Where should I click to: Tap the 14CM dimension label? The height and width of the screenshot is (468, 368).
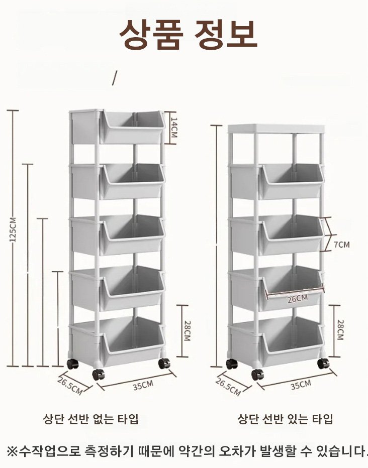tap(174, 128)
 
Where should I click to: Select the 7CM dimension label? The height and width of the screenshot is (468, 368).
tap(341, 245)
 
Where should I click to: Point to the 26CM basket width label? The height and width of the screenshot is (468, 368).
tap(298, 298)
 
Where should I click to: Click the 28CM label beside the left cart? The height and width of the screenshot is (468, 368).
tap(187, 331)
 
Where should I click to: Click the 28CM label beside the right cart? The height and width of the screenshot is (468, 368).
tap(340, 330)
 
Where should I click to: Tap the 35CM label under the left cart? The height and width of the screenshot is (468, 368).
tap(143, 385)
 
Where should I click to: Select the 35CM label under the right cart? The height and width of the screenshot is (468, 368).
tap(301, 385)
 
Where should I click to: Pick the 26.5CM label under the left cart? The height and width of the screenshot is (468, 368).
tap(69, 386)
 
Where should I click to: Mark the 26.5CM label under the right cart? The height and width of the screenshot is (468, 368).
tap(228, 387)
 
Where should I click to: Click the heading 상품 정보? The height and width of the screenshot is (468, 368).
tap(188, 34)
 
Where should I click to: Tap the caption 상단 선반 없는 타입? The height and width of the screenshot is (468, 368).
tap(91, 419)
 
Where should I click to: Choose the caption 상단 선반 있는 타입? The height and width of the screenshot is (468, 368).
tap(285, 419)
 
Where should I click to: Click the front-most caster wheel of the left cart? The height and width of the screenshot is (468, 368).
tap(98, 374)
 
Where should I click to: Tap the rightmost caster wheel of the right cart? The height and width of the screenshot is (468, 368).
tap(323, 363)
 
